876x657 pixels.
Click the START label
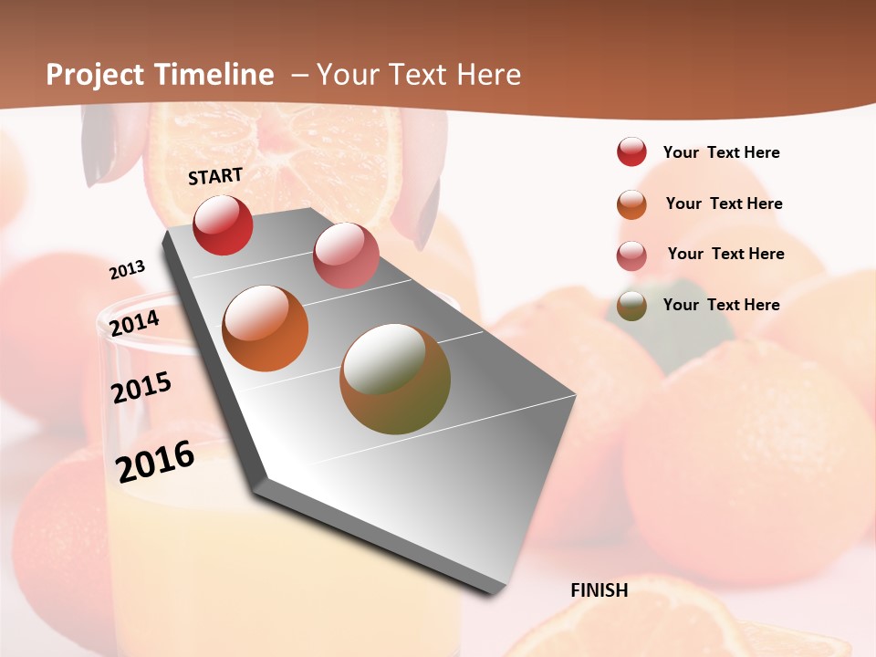click(x=215, y=176)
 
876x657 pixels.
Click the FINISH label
click(x=599, y=590)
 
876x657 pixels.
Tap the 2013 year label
click(x=128, y=270)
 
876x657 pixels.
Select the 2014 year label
click(x=134, y=323)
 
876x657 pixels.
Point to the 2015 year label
click(x=141, y=388)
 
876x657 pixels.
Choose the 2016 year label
click(x=155, y=461)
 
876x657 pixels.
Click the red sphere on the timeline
click(x=223, y=224)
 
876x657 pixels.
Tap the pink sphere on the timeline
click(x=346, y=255)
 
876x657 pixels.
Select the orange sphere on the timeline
click(x=266, y=328)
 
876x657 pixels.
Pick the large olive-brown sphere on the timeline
click(x=395, y=379)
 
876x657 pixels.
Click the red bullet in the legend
click(x=631, y=151)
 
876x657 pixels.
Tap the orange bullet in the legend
click(x=631, y=204)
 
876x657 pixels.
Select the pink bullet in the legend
click(x=631, y=255)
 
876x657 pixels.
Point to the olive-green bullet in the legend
click(x=631, y=306)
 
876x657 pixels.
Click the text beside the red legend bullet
click(x=721, y=152)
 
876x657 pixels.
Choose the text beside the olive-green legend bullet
click(x=721, y=305)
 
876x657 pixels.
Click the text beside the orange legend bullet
click(x=724, y=203)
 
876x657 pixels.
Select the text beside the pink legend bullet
click(x=725, y=254)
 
